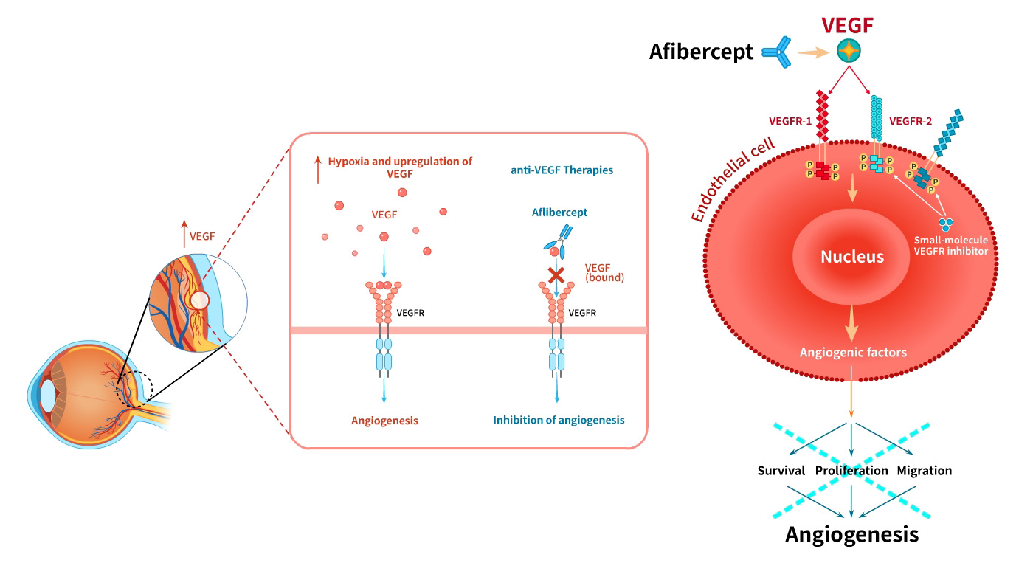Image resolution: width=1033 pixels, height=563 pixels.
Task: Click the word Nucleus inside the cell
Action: tap(852, 258)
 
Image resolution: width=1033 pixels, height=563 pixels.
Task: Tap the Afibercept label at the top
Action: tap(701, 52)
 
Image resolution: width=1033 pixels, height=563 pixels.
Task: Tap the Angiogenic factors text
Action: tap(852, 352)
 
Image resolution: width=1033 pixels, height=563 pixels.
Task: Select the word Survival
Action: tap(782, 470)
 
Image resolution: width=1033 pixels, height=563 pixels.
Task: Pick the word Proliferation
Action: tap(851, 470)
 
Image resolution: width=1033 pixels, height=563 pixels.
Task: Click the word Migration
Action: tap(924, 470)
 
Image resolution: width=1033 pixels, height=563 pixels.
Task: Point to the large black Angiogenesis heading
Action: tap(852, 533)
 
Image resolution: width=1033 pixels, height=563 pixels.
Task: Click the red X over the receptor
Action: tap(556, 276)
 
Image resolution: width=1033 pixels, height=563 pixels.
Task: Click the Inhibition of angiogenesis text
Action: tap(559, 420)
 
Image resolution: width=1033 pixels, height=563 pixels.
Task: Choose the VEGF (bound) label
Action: tap(604, 273)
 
